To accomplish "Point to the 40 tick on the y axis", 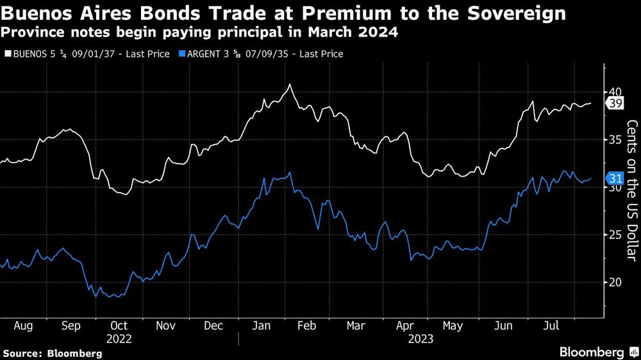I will point(614,92).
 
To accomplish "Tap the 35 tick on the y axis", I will point(614,140).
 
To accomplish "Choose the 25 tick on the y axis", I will point(614,235).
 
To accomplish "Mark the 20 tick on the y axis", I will point(614,282).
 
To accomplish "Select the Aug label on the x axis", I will point(23,326).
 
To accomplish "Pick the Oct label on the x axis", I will point(119,326).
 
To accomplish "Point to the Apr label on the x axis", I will point(404,326).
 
